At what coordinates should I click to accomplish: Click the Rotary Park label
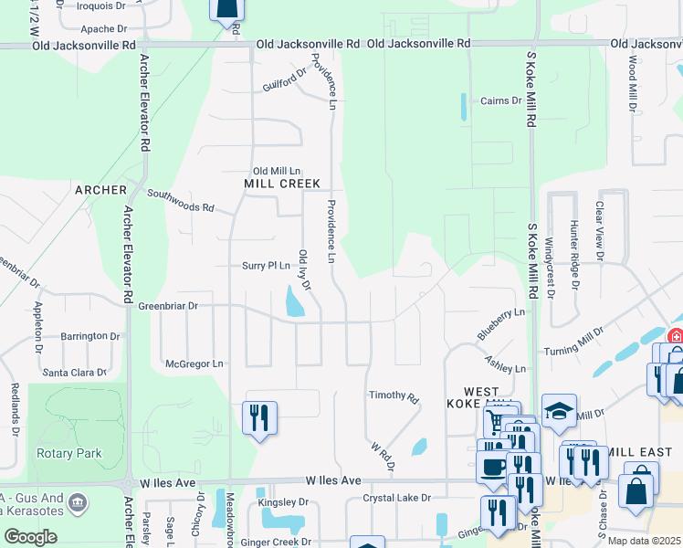[x=69, y=453]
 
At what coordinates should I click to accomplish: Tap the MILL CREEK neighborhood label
[x=282, y=184]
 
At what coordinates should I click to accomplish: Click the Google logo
[x=30, y=536]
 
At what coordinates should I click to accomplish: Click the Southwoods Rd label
[x=179, y=201]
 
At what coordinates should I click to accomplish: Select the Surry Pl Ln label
[x=266, y=266]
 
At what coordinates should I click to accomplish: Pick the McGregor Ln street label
[x=194, y=364]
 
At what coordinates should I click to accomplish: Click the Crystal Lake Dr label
[x=396, y=498]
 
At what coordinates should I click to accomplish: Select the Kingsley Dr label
[x=283, y=502]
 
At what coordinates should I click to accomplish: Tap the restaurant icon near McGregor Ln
[x=259, y=418]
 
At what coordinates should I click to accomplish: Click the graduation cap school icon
[x=559, y=412]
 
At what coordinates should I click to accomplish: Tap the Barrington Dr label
[x=90, y=336]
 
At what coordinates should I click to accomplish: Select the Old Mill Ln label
[x=277, y=171]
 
